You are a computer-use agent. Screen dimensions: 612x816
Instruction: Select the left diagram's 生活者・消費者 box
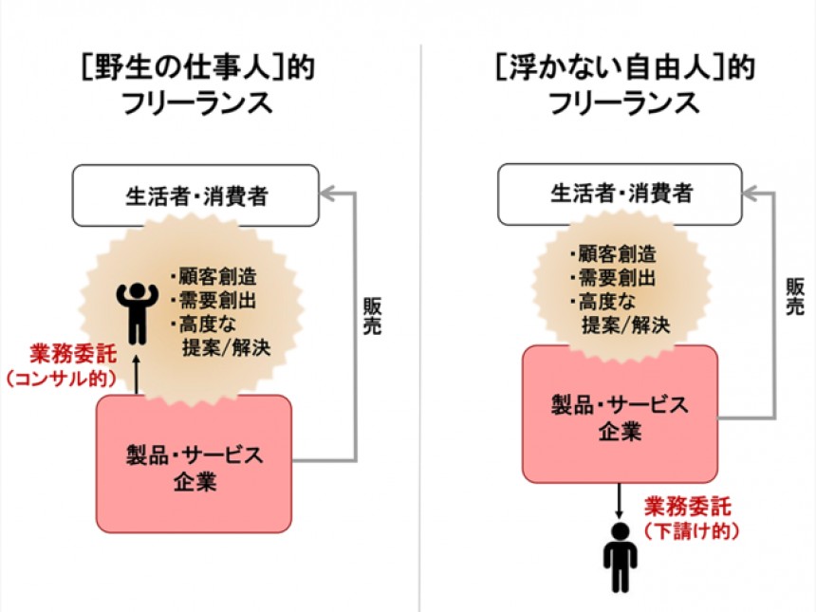[x=197, y=195]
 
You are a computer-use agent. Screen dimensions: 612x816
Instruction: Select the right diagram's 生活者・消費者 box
[x=622, y=195]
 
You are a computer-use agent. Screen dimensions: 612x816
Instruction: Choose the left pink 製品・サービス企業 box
[x=195, y=465]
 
